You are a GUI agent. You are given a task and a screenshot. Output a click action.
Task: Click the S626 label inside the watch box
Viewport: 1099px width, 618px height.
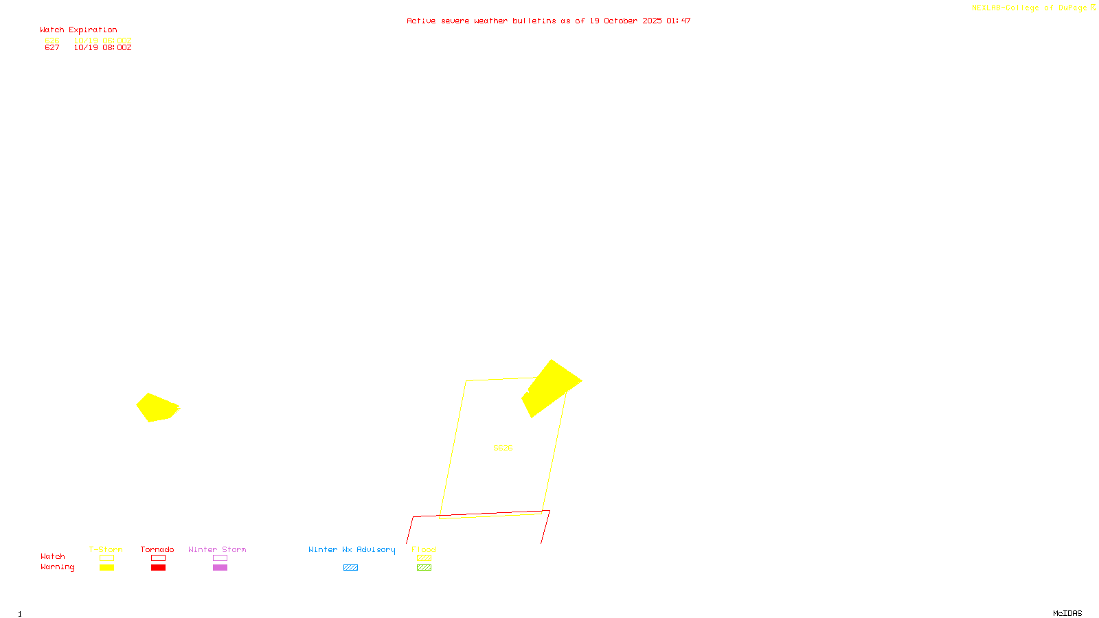click(x=503, y=448)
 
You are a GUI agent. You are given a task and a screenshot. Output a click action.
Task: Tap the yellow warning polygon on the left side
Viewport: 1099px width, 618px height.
click(x=157, y=407)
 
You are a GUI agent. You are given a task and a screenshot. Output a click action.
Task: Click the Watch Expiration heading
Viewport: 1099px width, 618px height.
click(x=78, y=30)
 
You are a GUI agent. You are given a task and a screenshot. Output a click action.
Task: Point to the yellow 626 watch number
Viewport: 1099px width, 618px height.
click(x=52, y=41)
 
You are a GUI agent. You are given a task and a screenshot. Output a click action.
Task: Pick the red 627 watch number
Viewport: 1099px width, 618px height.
click(x=52, y=48)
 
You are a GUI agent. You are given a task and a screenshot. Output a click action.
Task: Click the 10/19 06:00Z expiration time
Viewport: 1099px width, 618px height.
click(x=102, y=41)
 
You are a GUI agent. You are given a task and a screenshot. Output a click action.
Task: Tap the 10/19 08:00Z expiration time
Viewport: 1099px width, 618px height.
click(x=102, y=48)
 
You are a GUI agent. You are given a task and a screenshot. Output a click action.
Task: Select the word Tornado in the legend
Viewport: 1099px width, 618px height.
click(x=157, y=549)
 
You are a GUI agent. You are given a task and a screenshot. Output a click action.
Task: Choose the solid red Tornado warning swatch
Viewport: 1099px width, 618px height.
click(x=158, y=567)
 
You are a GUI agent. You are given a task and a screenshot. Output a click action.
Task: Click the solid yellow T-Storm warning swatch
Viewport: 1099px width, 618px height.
click(x=106, y=567)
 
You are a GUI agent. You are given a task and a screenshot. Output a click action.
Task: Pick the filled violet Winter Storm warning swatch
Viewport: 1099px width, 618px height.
click(x=220, y=567)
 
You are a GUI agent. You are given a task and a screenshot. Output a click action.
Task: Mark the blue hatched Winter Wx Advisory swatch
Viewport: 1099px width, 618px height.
click(x=350, y=567)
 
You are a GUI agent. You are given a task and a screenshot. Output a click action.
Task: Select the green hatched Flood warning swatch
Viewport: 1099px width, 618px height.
click(x=424, y=567)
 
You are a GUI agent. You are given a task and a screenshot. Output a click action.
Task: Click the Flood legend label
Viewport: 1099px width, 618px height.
click(x=424, y=549)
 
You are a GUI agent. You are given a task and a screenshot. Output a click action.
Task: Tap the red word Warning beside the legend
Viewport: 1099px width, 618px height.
click(x=57, y=567)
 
